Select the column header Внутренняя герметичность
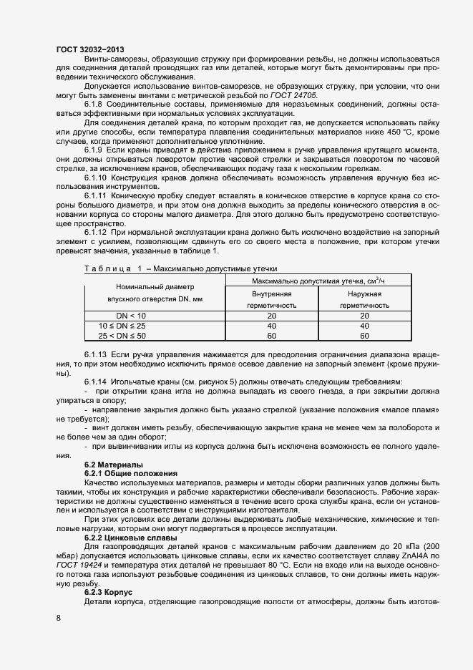point(271,299)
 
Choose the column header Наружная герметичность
point(364,299)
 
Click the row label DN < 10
point(131,316)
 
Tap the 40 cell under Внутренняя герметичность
point(271,326)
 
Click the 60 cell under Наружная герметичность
point(364,336)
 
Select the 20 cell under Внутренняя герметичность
point(271,316)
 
